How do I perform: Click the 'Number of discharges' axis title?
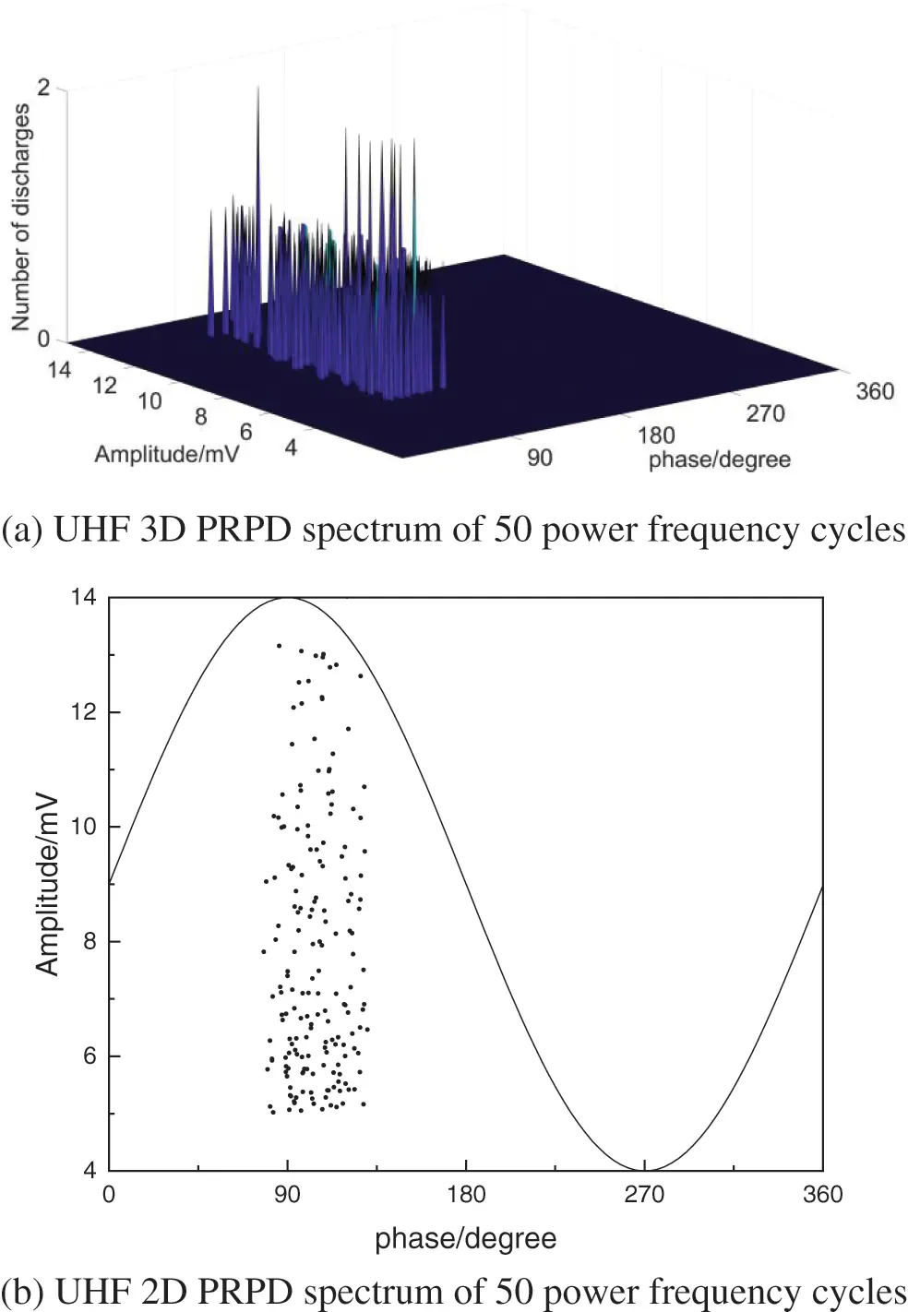click(20, 216)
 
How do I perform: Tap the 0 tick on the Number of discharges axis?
click(43, 340)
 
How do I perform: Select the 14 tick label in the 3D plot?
click(59, 370)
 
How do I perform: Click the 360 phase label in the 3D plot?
click(874, 391)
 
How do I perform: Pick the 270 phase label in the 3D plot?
click(765, 413)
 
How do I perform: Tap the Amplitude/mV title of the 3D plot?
click(166, 454)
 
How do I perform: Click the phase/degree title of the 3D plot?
click(719, 459)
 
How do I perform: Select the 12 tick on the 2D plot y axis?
click(84, 711)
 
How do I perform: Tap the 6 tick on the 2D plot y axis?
click(90, 1056)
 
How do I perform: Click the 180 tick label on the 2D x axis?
click(465, 1195)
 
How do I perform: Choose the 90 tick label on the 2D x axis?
click(287, 1195)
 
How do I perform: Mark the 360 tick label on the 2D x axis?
click(821, 1195)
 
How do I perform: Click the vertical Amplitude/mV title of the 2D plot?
click(47, 884)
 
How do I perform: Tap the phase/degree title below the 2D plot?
click(465, 1238)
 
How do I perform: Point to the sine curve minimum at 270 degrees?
click(644, 1170)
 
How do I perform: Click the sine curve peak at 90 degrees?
click(287, 598)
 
